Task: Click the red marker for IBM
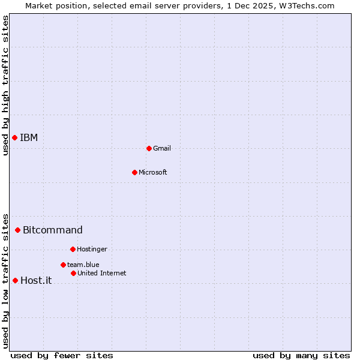pyautogui.click(x=14, y=138)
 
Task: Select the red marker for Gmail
pyautogui.click(x=149, y=148)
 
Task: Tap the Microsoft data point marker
pyautogui.click(x=134, y=173)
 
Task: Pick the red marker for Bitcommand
pyautogui.click(x=17, y=230)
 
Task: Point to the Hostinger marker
pyautogui.click(x=73, y=249)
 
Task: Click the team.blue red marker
pyautogui.click(x=63, y=265)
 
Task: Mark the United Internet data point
pyautogui.click(x=73, y=273)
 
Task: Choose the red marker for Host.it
pyautogui.click(x=15, y=280)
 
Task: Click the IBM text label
pyautogui.click(x=29, y=138)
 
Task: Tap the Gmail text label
pyautogui.click(x=162, y=149)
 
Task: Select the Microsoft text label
pyautogui.click(x=153, y=173)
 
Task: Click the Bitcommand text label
pyautogui.click(x=53, y=230)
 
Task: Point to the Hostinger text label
pyautogui.click(x=92, y=250)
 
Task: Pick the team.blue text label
pyautogui.click(x=83, y=265)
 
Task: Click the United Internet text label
pyautogui.click(x=102, y=274)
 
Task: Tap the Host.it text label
pyautogui.click(x=36, y=281)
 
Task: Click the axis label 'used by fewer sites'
pyautogui.click(x=62, y=356)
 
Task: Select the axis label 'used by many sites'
pyautogui.click(x=301, y=356)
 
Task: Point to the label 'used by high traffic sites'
pyautogui.click(x=5, y=85)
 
